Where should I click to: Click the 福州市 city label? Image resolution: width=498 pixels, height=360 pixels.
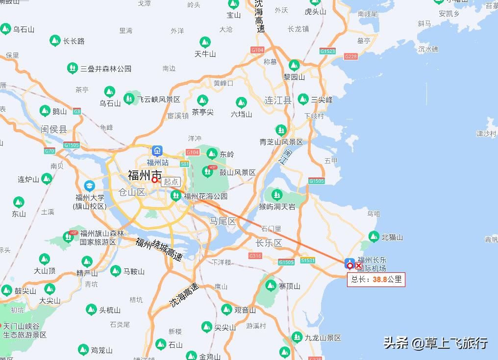click(145, 175)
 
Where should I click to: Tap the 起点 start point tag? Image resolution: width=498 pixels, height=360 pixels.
click(171, 181)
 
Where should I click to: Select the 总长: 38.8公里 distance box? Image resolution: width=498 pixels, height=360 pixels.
click(376, 280)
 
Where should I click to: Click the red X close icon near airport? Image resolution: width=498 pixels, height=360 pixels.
click(359, 266)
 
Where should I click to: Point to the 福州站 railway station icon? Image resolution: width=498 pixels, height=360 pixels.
click(157, 150)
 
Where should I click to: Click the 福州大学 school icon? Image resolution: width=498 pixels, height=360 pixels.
click(89, 186)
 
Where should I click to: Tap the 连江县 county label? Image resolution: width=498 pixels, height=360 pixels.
click(278, 100)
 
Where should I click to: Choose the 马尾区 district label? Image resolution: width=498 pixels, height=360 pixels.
click(223, 221)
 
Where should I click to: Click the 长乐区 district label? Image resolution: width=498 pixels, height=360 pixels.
click(269, 243)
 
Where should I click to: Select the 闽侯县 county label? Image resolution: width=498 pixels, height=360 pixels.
click(54, 129)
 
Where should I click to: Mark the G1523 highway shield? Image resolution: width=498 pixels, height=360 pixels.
click(327, 51)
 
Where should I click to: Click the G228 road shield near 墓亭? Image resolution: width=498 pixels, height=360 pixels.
click(351, 57)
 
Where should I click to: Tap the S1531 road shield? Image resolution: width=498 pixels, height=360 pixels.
click(308, 261)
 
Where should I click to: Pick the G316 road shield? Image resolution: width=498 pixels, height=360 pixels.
click(255, 256)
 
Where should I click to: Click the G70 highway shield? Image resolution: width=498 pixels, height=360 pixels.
click(50, 151)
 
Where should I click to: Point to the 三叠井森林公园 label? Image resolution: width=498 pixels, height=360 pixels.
click(106, 69)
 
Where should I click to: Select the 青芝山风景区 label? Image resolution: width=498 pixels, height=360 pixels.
click(281, 142)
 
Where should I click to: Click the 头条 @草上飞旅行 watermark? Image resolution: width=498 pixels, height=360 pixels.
click(435, 343)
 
